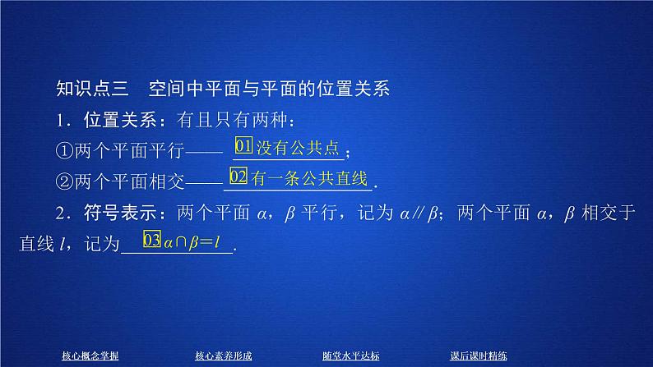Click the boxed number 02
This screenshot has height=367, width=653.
pos(239,177)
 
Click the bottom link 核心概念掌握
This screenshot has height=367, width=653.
pos(90,356)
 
